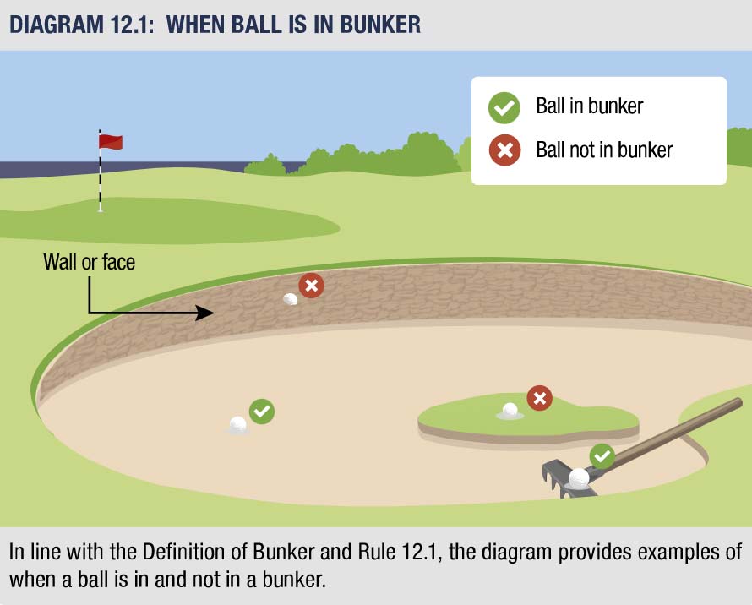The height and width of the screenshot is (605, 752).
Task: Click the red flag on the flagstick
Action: pos(112,141)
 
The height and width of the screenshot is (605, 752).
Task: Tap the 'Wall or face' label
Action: pos(89,263)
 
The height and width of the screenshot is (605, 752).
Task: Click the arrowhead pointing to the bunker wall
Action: pos(205,313)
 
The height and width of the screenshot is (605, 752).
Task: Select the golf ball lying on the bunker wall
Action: pos(291,298)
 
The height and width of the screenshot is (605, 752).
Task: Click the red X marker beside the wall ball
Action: pos(312,286)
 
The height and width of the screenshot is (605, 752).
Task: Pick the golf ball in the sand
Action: pos(238,424)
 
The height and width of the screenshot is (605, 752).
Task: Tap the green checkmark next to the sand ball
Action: pos(262,412)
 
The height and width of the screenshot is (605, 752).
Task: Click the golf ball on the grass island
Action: pos(510,410)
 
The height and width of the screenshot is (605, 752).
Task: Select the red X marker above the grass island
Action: pos(539,397)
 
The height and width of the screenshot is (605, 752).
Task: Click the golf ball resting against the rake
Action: pos(579,477)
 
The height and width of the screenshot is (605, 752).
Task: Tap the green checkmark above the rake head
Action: pos(602,456)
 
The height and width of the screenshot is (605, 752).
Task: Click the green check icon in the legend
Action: pos(504,107)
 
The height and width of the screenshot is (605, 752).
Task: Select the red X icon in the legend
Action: pos(504,151)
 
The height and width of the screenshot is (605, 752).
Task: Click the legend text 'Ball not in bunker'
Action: pos(604,150)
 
